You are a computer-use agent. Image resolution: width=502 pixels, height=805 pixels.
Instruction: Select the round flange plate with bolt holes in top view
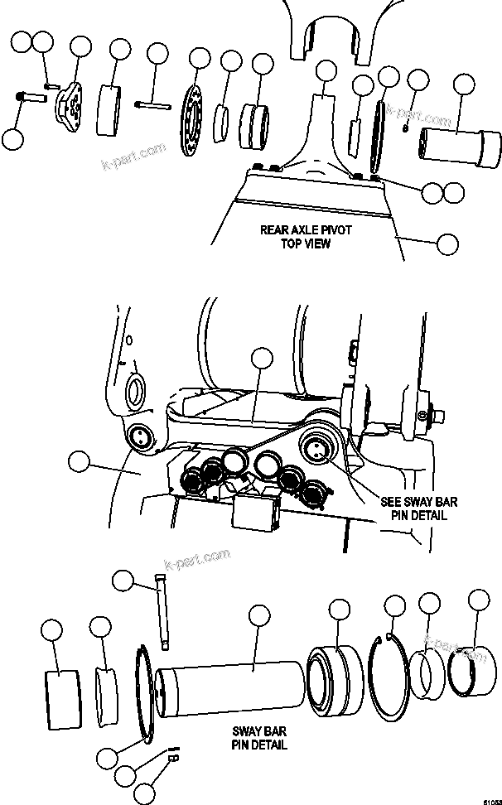click(193, 122)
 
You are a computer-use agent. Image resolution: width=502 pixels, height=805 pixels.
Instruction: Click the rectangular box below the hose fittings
click(252, 513)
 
